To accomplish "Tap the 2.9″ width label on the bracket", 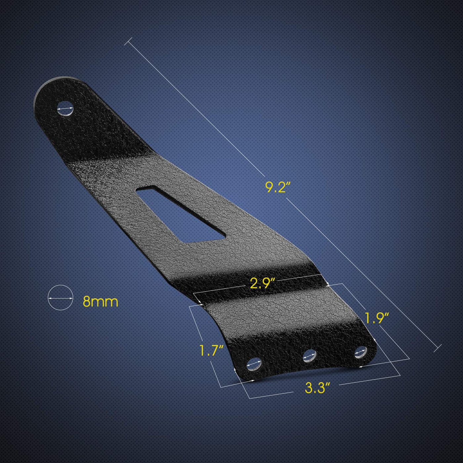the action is pos(262,283).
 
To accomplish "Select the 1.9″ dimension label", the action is pos(377,318).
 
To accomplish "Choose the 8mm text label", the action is pos(101,302).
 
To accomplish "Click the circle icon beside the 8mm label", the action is pos(60,298).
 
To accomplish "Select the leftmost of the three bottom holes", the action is pos(254,364).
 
